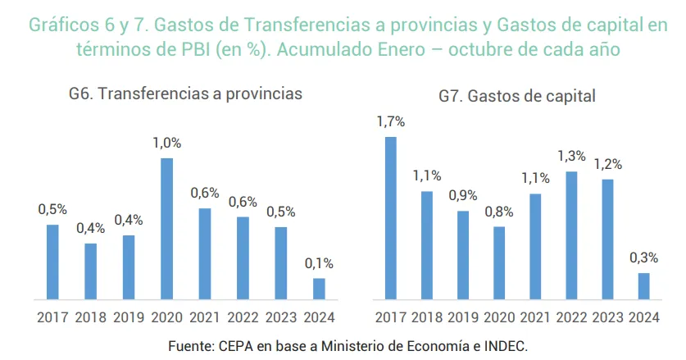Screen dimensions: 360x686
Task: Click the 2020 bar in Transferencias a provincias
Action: (x=166, y=228)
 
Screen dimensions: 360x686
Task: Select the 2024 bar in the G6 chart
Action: (x=319, y=288)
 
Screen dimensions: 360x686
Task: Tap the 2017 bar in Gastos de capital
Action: (x=390, y=217)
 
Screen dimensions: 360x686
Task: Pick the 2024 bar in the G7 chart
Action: (x=643, y=285)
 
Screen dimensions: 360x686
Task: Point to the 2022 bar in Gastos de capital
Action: (x=571, y=235)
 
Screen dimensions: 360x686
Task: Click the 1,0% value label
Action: (x=166, y=143)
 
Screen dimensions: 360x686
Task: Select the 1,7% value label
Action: (x=391, y=121)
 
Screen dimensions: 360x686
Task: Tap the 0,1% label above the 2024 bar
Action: (x=319, y=263)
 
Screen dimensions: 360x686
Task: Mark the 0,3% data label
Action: (x=643, y=257)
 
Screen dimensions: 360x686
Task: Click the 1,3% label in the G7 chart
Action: (x=571, y=156)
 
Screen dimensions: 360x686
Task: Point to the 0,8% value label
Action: (x=498, y=212)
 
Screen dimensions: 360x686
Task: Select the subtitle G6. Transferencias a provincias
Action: (x=185, y=93)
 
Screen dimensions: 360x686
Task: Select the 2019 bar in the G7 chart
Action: (x=463, y=255)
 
